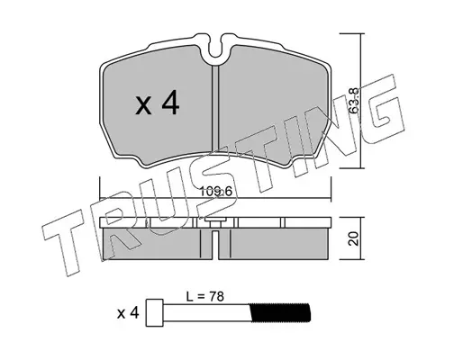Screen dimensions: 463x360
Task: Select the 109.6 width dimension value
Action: pos(216,191)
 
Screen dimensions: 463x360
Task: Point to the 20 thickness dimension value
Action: pos(355,238)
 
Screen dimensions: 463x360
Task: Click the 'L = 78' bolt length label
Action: pos(205,297)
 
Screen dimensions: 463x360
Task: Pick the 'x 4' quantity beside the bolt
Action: pos(128,313)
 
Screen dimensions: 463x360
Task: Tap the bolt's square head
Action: pos(155,312)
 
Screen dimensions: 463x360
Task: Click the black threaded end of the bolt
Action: pos(280,312)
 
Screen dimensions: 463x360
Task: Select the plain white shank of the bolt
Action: pos(206,312)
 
